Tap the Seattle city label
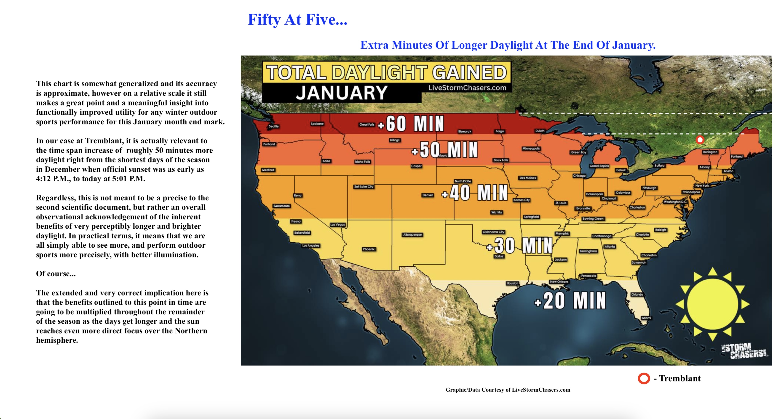coord(273,126)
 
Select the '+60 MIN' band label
coord(412,124)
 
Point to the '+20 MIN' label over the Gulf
coord(570,301)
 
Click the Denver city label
coord(428,195)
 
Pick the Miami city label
coord(646,318)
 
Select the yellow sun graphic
coord(712,304)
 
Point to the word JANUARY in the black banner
coord(342,93)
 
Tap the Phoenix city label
coord(369,249)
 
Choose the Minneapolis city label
coord(531,149)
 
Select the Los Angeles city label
coord(311,245)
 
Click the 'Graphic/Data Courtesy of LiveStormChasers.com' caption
coord(508,390)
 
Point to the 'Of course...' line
coord(56,274)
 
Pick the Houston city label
coord(512,283)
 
